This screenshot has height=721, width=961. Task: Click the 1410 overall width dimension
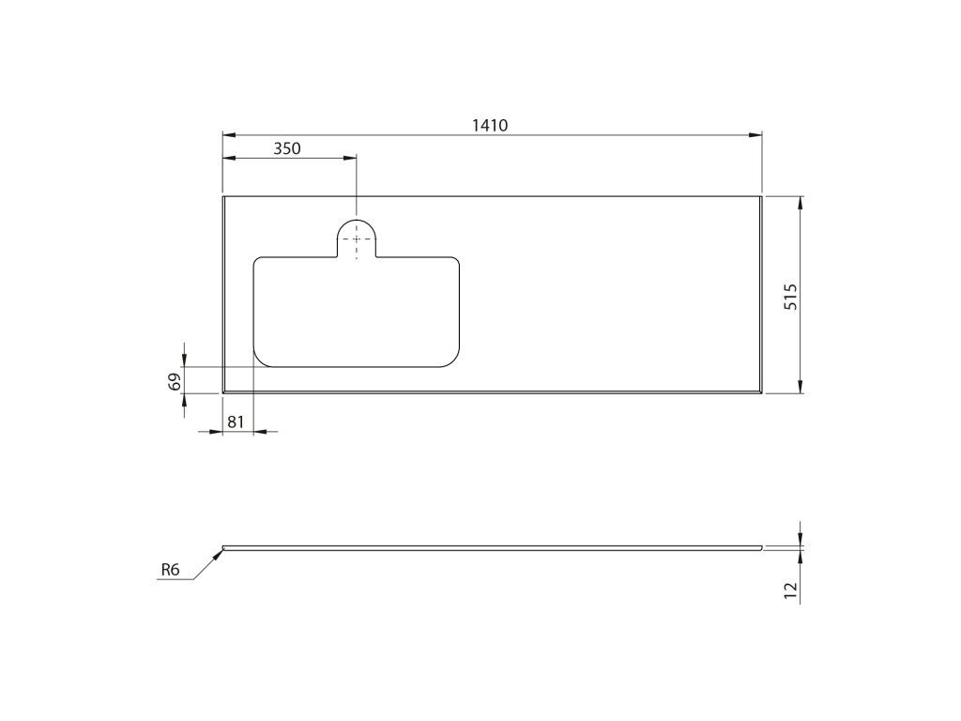coord(490,126)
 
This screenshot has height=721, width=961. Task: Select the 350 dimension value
coord(287,149)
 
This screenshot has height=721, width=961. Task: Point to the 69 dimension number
coord(175,382)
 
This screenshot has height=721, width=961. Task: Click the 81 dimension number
coord(236,422)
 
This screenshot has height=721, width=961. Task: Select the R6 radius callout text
coord(171,570)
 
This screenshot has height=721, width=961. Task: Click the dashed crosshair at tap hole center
coord(356,239)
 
